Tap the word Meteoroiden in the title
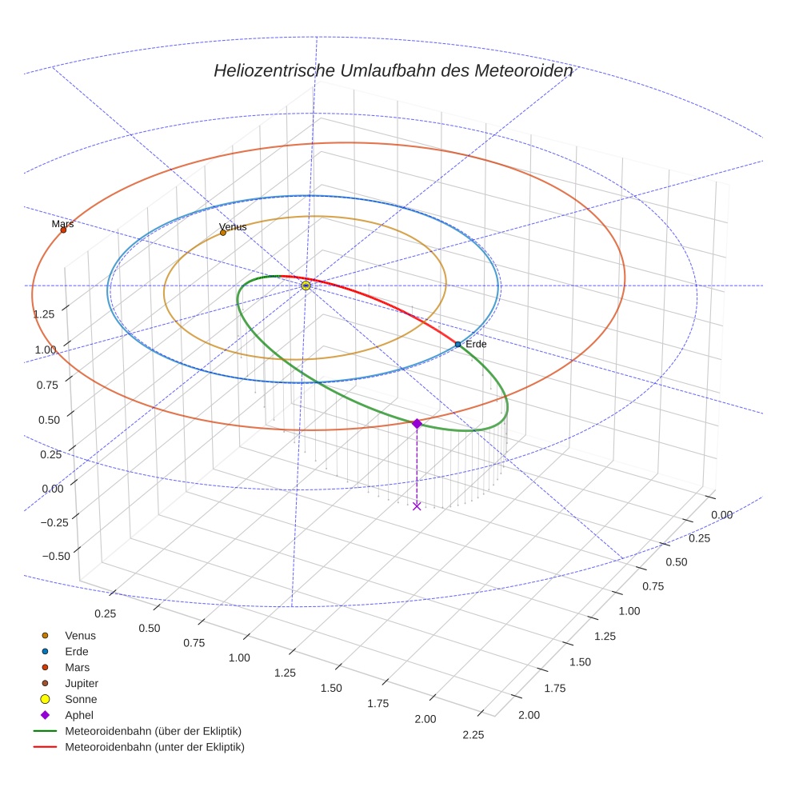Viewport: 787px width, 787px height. (524, 70)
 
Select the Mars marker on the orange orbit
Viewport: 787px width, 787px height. (63, 230)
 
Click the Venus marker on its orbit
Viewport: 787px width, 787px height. (223, 233)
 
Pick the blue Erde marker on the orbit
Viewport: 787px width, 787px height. (457, 344)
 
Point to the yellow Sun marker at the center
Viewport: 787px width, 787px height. (306, 286)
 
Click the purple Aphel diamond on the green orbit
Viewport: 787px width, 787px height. (417, 423)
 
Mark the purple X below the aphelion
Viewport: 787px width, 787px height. (417, 505)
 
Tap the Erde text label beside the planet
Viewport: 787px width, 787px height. (476, 344)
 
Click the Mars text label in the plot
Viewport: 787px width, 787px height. (62, 224)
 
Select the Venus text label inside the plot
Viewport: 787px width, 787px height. (233, 226)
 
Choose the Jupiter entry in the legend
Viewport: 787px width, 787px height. (82, 683)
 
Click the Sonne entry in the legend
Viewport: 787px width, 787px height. (81, 699)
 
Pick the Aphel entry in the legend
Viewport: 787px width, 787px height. (78, 715)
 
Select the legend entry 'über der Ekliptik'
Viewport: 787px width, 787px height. (153, 731)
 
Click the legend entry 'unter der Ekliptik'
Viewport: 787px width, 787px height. (154, 747)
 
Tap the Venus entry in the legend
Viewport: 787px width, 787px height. (80, 635)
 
